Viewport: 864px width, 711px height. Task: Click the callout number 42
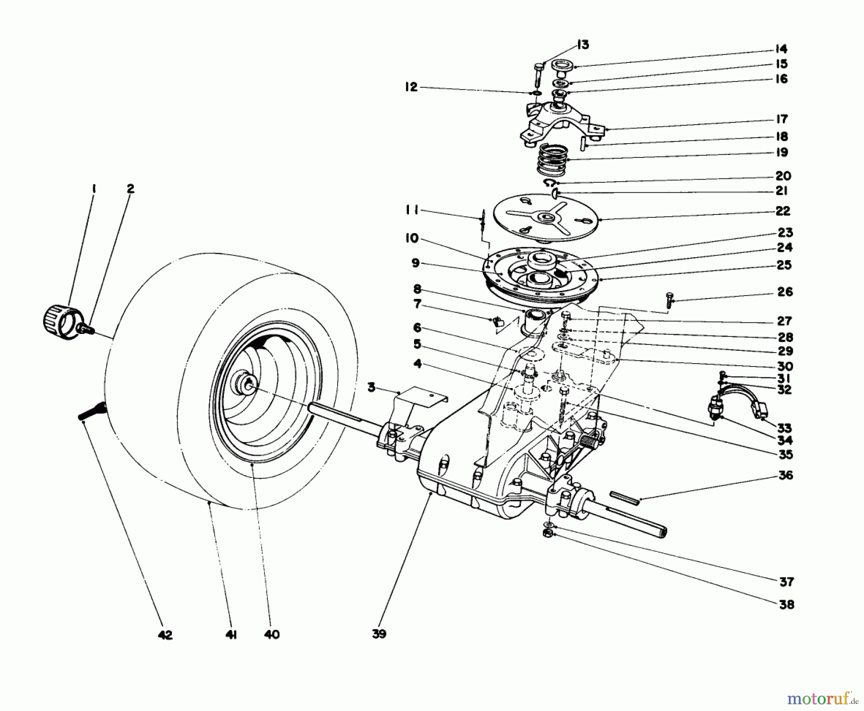click(164, 635)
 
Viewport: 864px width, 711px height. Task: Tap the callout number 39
click(379, 634)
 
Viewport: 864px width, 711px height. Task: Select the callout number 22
click(782, 211)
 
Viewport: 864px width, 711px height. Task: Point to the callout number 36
click(786, 475)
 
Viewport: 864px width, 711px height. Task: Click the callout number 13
click(582, 45)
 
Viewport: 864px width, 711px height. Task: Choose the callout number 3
click(372, 387)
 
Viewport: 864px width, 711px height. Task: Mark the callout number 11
click(411, 210)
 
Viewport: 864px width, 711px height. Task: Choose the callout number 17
click(782, 119)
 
